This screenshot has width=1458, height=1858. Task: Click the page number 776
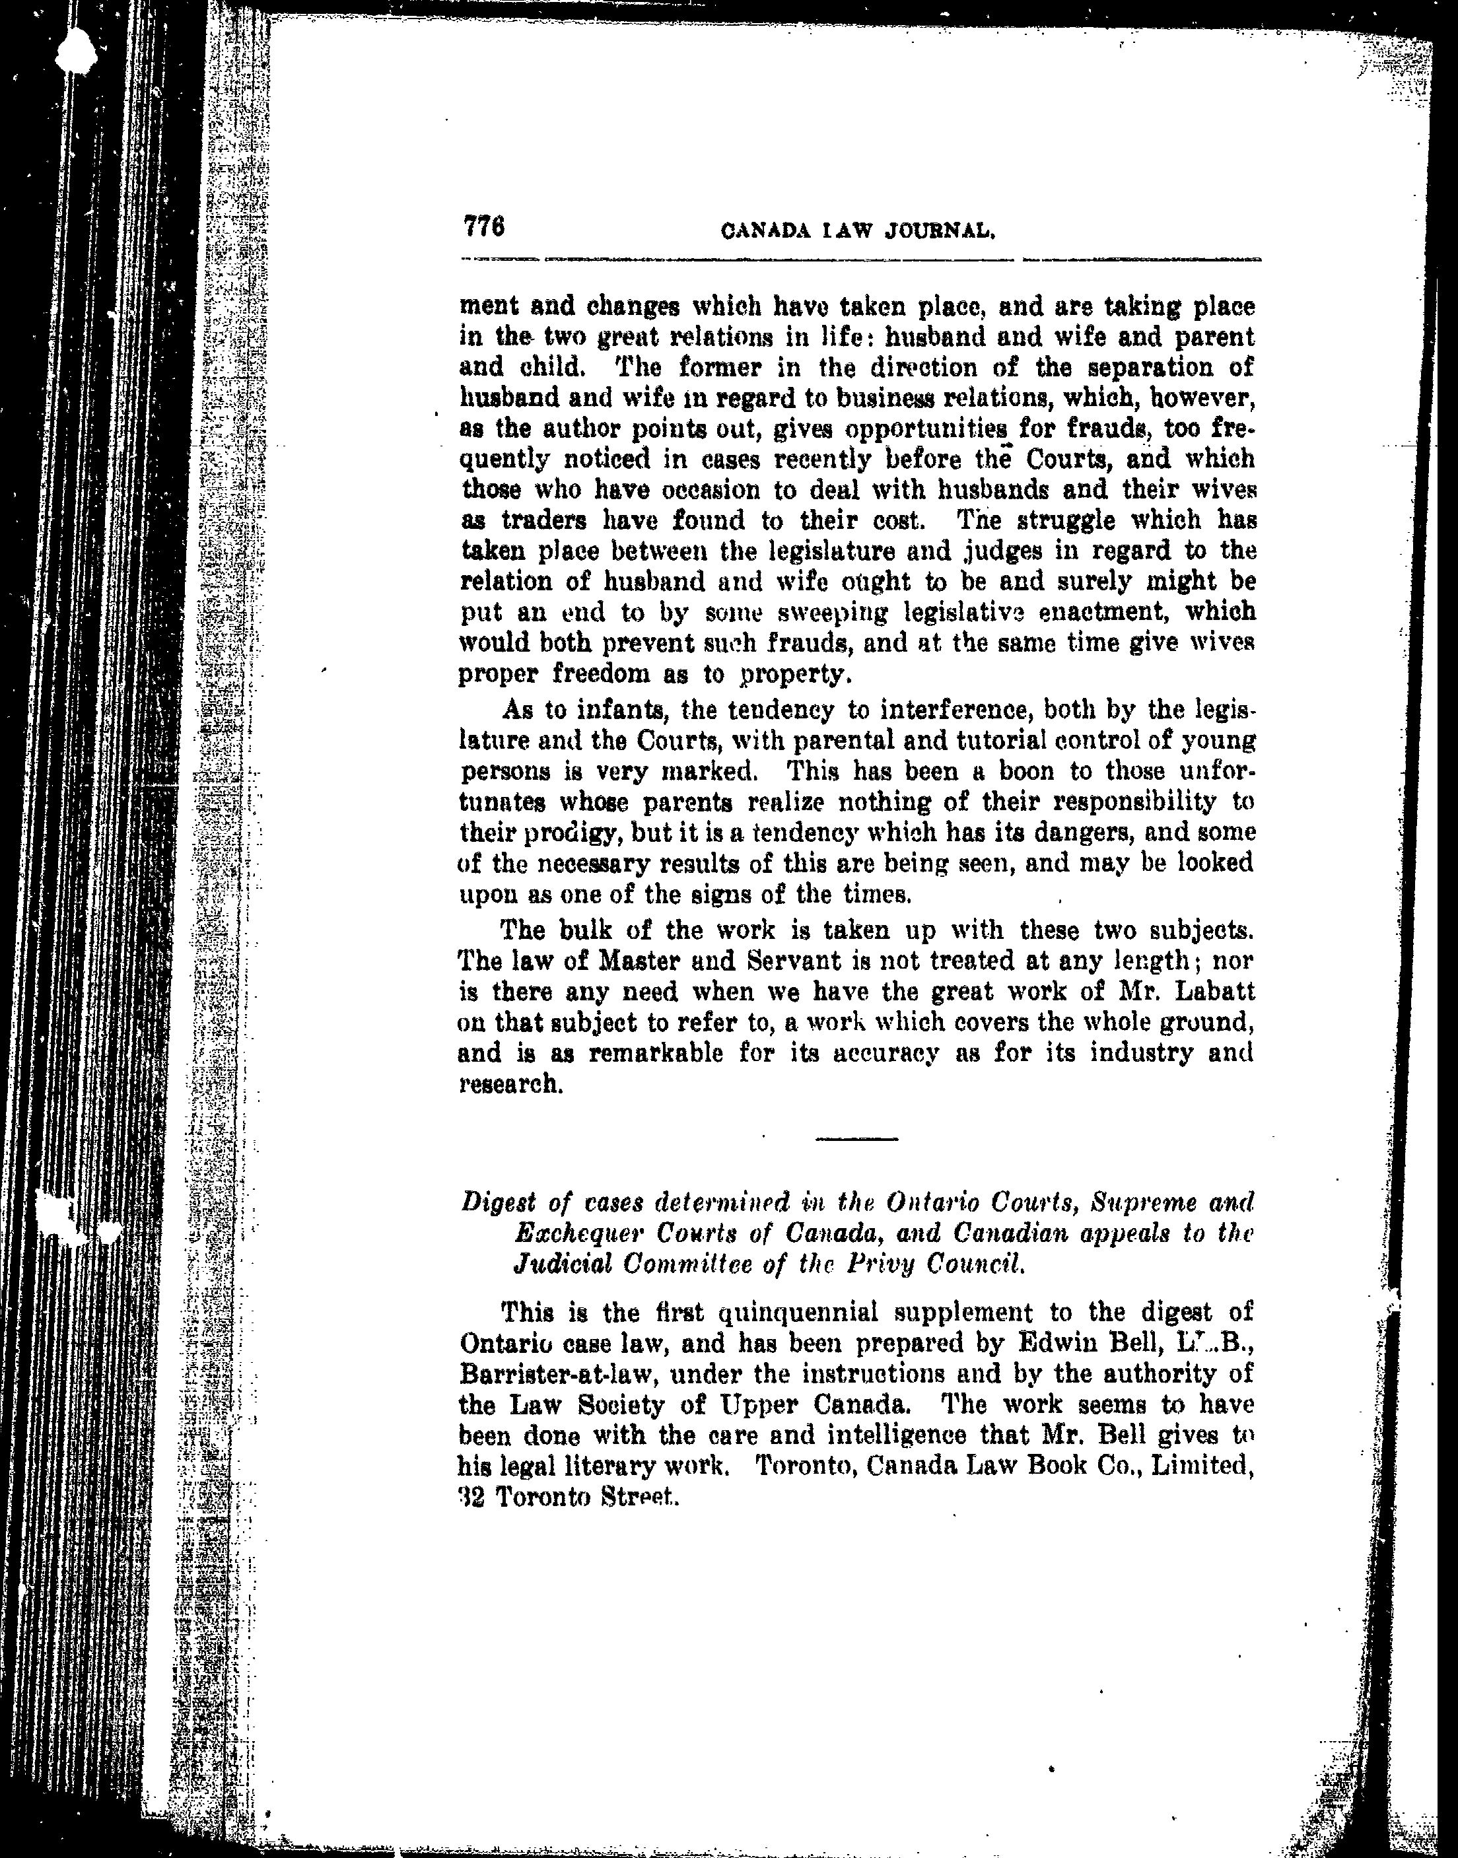[x=485, y=227]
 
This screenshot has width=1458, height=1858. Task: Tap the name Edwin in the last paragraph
[x=1052, y=1344]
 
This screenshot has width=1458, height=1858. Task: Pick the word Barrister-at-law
[x=547, y=1374]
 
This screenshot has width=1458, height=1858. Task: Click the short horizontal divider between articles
[x=856, y=1140]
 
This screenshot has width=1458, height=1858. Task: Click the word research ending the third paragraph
[x=510, y=1085]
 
